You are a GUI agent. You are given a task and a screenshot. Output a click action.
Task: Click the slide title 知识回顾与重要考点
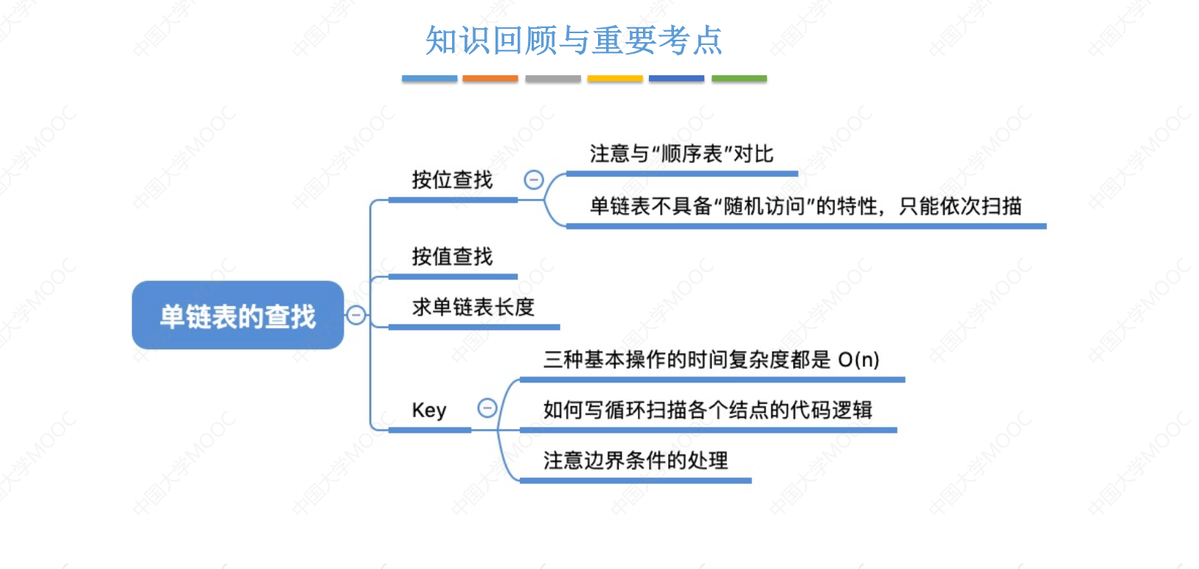point(574,40)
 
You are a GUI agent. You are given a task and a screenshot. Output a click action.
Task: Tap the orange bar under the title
point(490,78)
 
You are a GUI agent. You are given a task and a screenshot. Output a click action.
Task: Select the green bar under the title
point(739,78)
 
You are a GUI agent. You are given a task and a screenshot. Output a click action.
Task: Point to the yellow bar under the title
point(615,78)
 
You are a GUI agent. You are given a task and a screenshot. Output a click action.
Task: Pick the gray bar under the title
point(553,78)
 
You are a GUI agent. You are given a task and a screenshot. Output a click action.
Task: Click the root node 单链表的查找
point(237,315)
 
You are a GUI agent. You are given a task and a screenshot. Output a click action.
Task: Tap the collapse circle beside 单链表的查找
point(356,315)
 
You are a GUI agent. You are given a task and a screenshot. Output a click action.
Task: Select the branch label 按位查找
point(452,181)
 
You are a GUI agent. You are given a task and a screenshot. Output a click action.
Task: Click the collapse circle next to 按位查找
point(534,180)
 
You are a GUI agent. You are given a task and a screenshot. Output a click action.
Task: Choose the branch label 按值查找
point(452,256)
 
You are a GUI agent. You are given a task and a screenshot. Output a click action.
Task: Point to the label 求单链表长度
point(473,307)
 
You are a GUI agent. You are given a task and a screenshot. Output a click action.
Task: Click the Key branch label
point(428,411)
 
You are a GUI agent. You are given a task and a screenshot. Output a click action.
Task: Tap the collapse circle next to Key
point(487,408)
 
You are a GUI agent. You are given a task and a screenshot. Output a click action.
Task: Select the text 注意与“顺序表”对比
point(681,154)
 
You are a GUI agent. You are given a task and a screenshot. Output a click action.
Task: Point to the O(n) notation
point(858,360)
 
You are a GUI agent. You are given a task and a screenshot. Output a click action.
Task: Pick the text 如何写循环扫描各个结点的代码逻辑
point(708,411)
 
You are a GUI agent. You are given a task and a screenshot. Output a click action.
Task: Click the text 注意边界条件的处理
point(636,461)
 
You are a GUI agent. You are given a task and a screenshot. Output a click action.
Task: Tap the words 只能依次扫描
point(960,206)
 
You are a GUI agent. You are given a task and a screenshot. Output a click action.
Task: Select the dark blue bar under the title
point(677,78)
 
